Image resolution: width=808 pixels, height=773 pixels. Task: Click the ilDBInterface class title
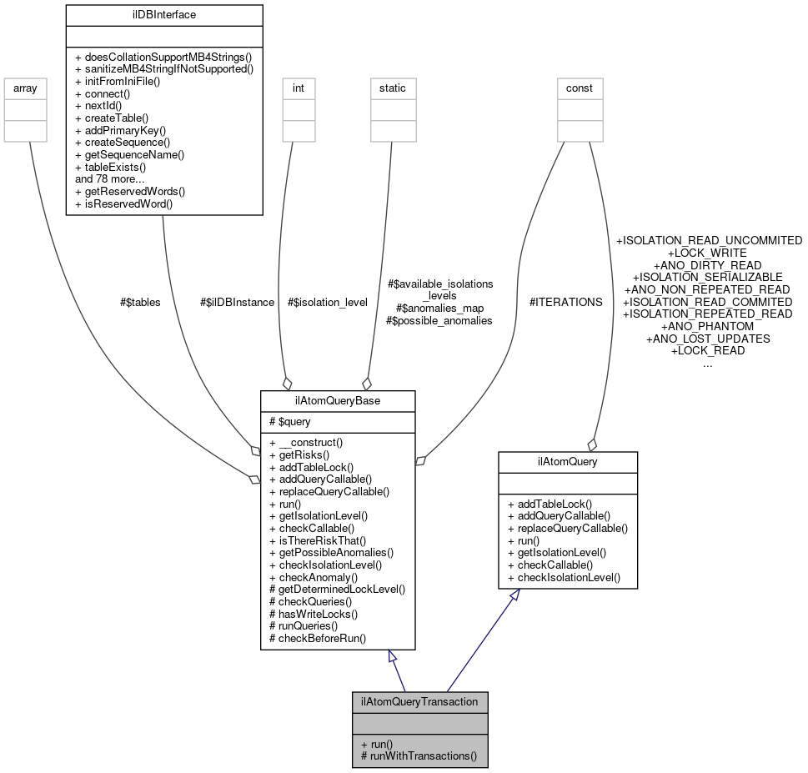(x=163, y=14)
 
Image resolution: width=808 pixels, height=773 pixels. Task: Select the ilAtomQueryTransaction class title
(x=419, y=701)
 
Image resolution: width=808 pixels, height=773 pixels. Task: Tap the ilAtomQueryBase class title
(x=338, y=401)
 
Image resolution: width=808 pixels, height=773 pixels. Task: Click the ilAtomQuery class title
(x=567, y=461)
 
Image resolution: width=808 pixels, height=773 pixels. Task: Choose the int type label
(x=299, y=88)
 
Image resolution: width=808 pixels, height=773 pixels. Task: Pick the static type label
(x=393, y=88)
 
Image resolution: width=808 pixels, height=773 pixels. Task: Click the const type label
(x=580, y=88)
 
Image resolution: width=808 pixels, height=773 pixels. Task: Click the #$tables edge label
(x=139, y=302)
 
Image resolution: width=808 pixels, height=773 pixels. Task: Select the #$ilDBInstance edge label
(x=237, y=302)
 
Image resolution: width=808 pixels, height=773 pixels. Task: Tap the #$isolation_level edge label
(x=327, y=302)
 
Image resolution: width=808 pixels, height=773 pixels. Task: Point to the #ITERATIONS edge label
(x=565, y=302)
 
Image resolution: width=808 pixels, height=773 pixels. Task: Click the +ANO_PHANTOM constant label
(x=707, y=326)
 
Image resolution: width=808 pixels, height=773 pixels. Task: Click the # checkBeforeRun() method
(x=318, y=638)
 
